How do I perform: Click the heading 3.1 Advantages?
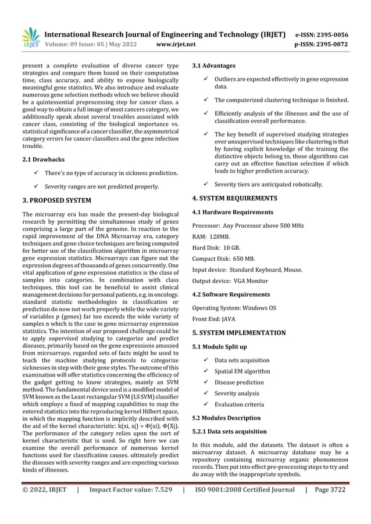pyautogui.click(x=213, y=66)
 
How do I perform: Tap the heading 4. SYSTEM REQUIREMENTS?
pyautogui.click(x=235, y=198)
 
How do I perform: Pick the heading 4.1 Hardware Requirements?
pyautogui.click(x=233, y=212)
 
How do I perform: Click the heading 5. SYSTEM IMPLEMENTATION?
pyautogui.click(x=239, y=333)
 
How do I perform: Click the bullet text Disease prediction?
pyautogui.click(x=239, y=382)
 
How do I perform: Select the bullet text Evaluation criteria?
pyautogui.click(x=240, y=404)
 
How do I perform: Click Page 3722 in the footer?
pyautogui.click(x=330, y=490)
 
